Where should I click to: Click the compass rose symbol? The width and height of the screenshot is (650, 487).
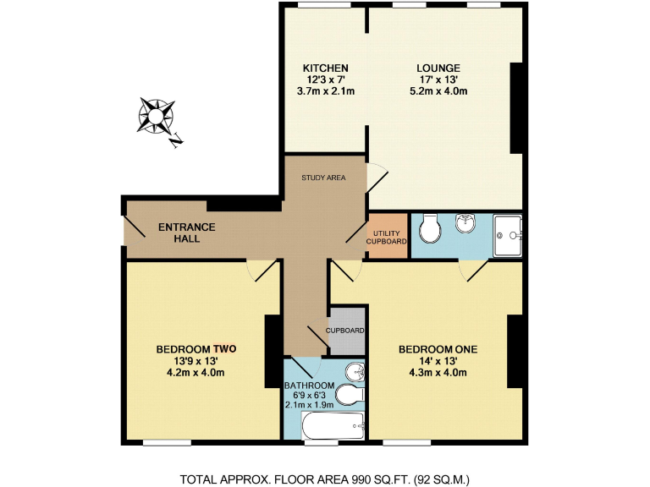(157, 116)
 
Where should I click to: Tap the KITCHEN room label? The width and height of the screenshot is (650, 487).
(326, 68)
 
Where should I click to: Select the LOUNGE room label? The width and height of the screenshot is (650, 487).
(438, 68)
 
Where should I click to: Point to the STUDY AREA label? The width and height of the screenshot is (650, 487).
(324, 178)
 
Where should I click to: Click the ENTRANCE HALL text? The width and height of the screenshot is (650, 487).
(187, 233)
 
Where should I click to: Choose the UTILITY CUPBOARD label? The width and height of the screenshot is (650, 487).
(387, 237)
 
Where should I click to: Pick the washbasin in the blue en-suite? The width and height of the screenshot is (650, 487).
(465, 222)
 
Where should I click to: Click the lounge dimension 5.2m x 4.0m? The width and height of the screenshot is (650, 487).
(438, 92)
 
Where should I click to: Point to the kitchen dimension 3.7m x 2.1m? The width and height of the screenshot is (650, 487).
(326, 92)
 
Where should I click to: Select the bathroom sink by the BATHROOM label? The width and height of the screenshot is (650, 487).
(356, 373)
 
